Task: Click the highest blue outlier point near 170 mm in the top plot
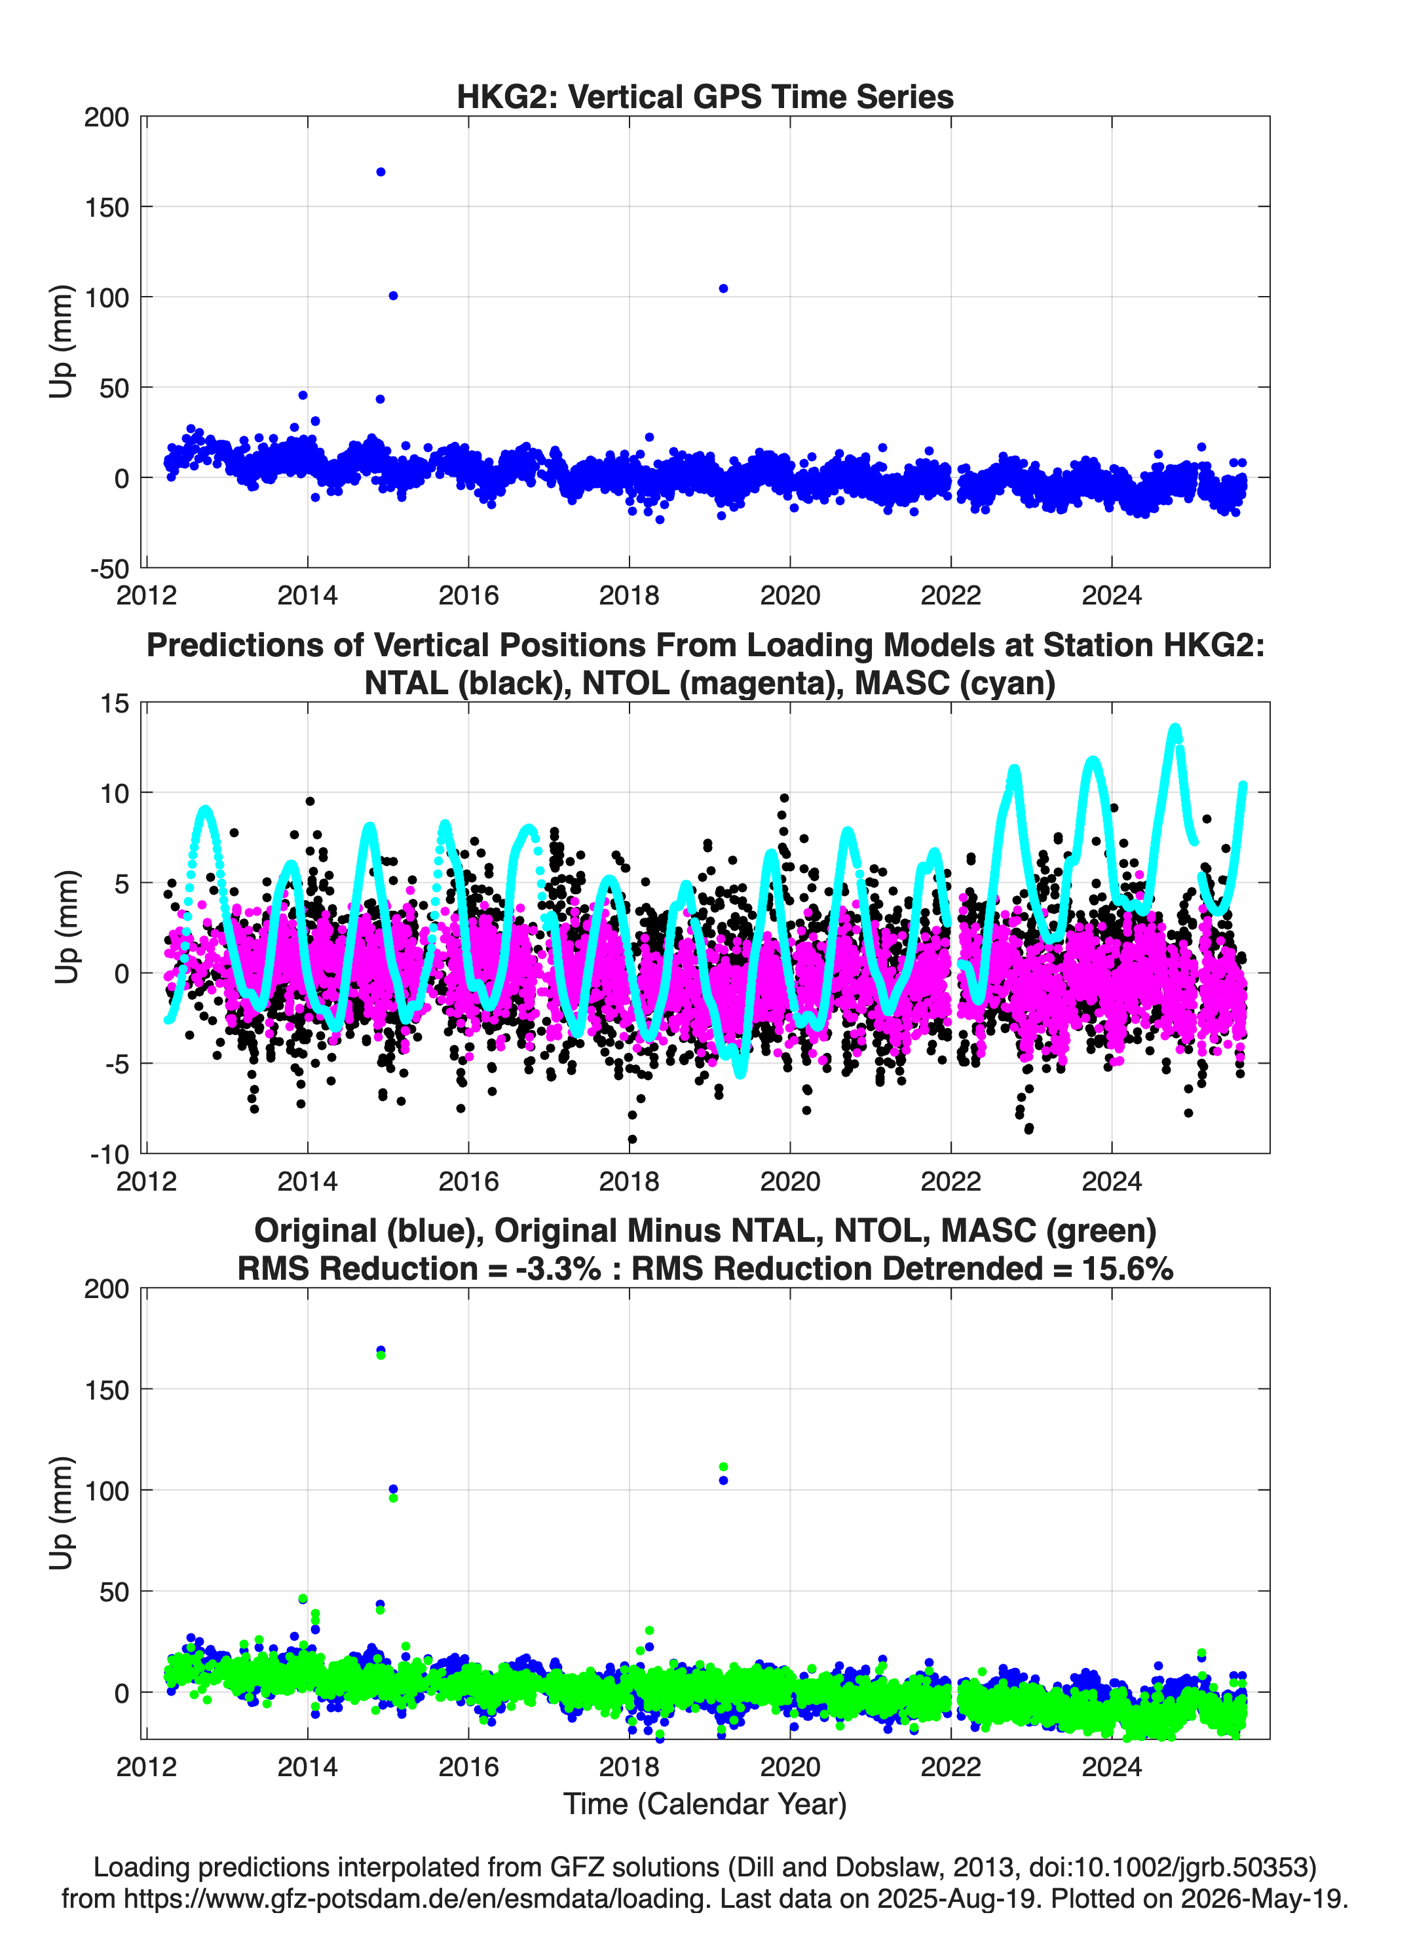[381, 172]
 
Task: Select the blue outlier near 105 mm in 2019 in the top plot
[724, 288]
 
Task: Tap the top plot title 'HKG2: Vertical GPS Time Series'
[705, 96]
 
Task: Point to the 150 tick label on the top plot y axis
[107, 208]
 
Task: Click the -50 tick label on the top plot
[109, 569]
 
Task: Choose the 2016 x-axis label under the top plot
[468, 595]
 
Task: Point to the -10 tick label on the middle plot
[109, 1155]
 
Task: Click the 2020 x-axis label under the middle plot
[790, 1181]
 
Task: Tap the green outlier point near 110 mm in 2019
[724, 1466]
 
